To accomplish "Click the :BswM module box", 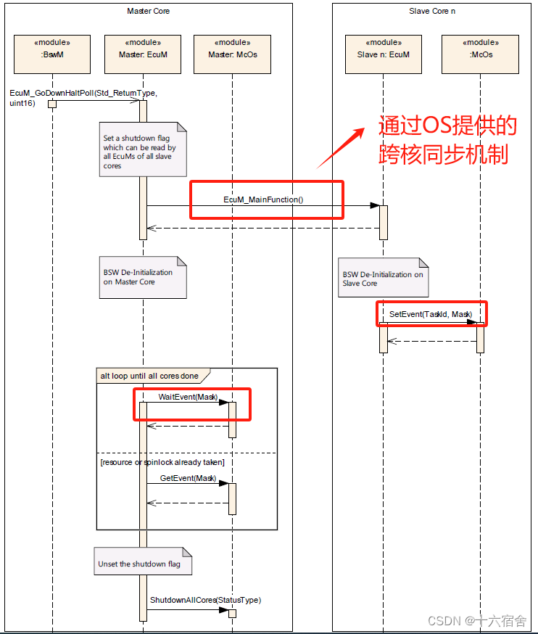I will [52, 54].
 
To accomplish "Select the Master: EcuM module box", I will [142, 54].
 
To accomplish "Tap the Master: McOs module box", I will [232, 54].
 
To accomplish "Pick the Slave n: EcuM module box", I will [383, 54].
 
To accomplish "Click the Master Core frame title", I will [148, 11].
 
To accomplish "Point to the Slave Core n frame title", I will [431, 11].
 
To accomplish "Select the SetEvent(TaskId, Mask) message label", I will [431, 314].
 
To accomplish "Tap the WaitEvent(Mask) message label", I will [187, 397].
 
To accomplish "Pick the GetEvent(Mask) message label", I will [188, 478].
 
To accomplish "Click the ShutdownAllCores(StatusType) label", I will [205, 600].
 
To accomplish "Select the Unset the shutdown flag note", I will [141, 563].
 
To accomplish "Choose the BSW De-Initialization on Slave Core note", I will [382, 279].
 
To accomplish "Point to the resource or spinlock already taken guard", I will [162, 462].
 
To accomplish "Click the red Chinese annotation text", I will [447, 140].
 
